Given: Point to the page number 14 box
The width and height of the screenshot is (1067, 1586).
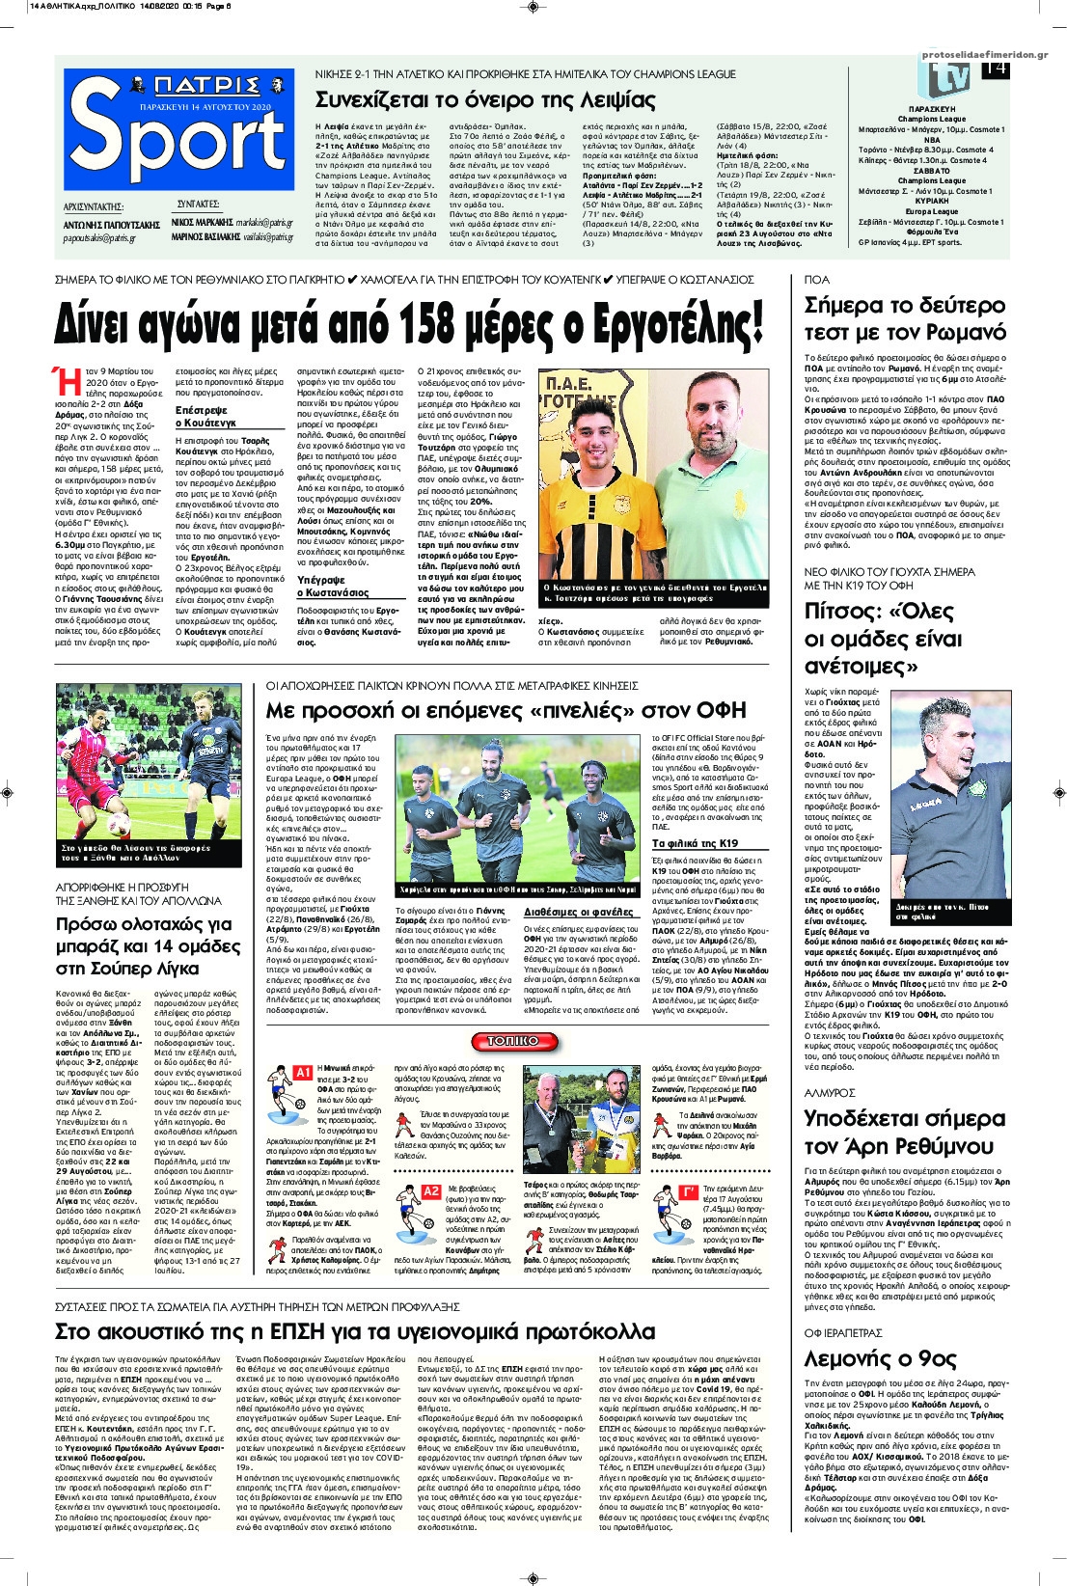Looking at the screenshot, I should point(995,69).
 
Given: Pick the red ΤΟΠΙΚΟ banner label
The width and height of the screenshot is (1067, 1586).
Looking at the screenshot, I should point(539,1042).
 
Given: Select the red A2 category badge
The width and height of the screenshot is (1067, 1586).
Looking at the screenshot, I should point(431,1191).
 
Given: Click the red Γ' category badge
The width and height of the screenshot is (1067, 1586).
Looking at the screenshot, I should point(689,1191).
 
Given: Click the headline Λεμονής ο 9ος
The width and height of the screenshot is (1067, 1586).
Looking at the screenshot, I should point(880,1358).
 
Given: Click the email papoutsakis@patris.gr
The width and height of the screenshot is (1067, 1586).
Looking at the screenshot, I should point(98,237).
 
